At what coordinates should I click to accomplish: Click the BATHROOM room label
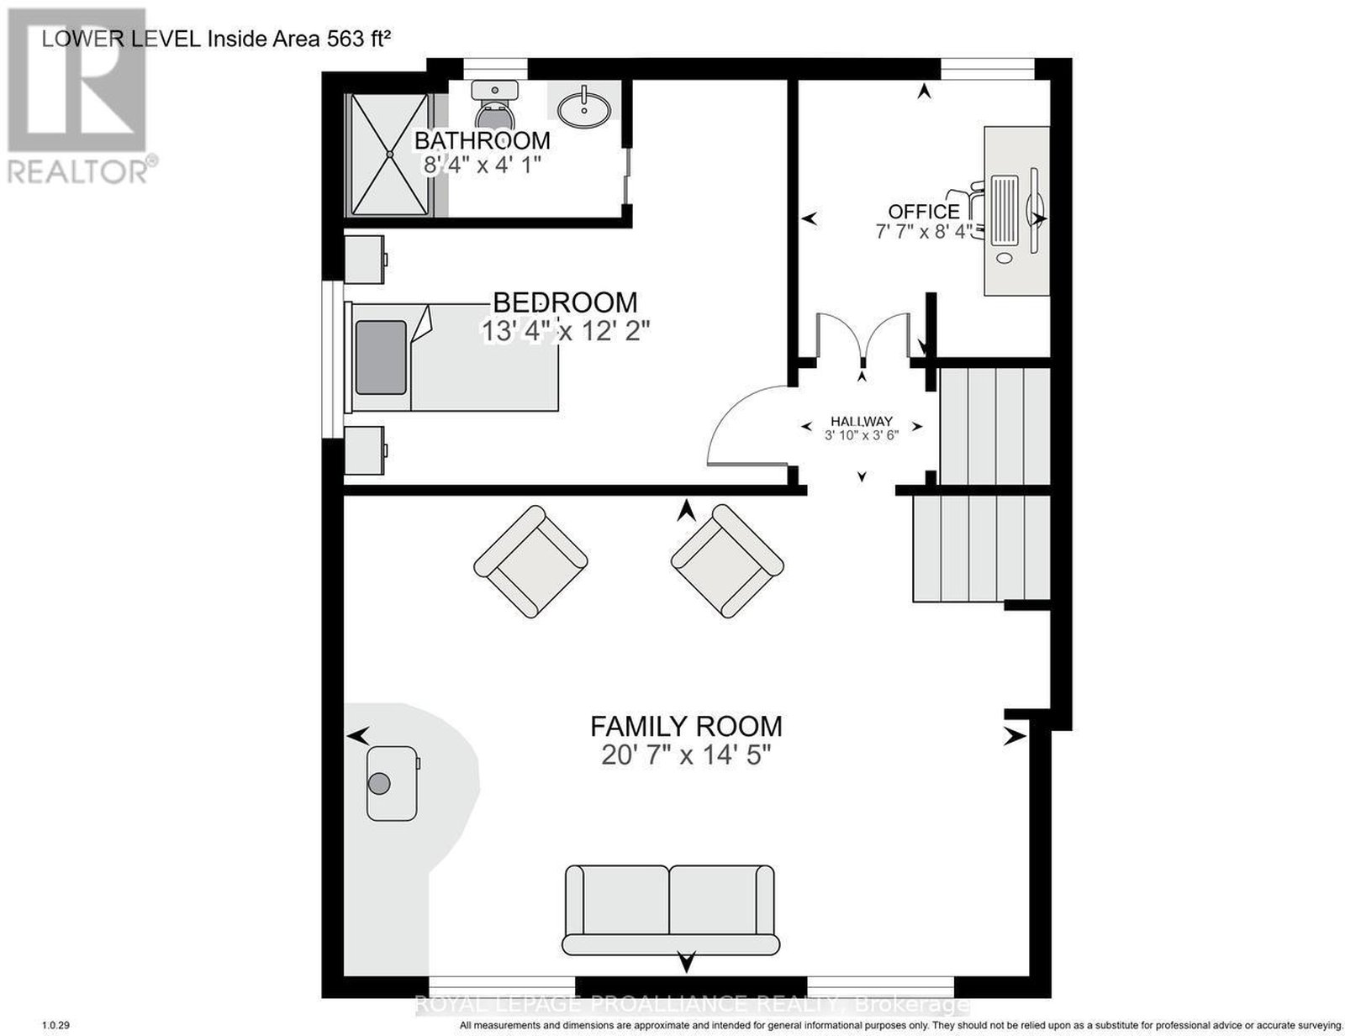point(482,140)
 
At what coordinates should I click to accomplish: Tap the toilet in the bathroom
point(494,104)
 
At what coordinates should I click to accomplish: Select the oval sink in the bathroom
point(584,109)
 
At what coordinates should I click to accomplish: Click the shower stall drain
point(390,154)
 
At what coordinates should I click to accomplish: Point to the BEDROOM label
point(565,302)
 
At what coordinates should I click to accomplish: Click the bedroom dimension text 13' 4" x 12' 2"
point(566,331)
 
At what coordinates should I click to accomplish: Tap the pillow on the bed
point(382,356)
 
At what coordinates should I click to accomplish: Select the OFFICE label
point(924,212)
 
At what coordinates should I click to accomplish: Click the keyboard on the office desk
point(1005,209)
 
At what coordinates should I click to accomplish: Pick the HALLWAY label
point(861,422)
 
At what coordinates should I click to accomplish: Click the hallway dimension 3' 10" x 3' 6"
point(861,434)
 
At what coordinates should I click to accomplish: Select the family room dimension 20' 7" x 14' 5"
point(686,755)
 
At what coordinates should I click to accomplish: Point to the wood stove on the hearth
point(393,783)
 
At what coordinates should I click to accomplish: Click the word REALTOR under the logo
point(76,172)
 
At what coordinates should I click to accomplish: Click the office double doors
point(862,337)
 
